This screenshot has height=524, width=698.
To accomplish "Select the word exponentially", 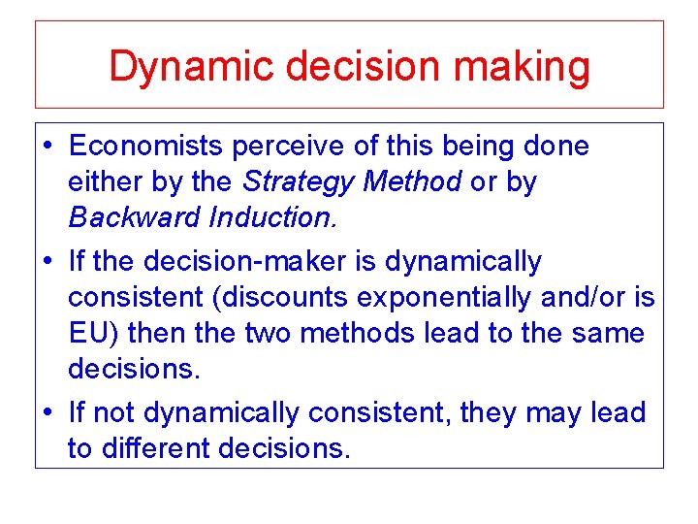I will point(440,297).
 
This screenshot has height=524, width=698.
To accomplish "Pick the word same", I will point(609,333).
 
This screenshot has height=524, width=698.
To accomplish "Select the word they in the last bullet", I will point(490,413).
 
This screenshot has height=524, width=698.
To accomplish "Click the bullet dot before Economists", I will point(48,147).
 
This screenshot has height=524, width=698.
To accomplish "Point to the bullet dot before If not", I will point(48,413).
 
